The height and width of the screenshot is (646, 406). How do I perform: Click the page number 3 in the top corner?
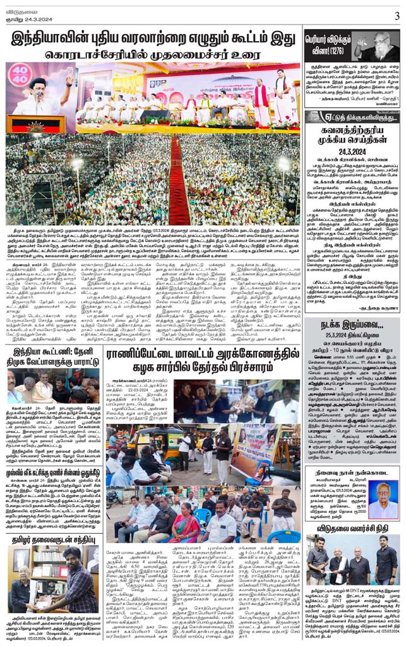click(397, 16)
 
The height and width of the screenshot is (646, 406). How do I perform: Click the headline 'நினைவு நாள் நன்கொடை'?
click(352, 471)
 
